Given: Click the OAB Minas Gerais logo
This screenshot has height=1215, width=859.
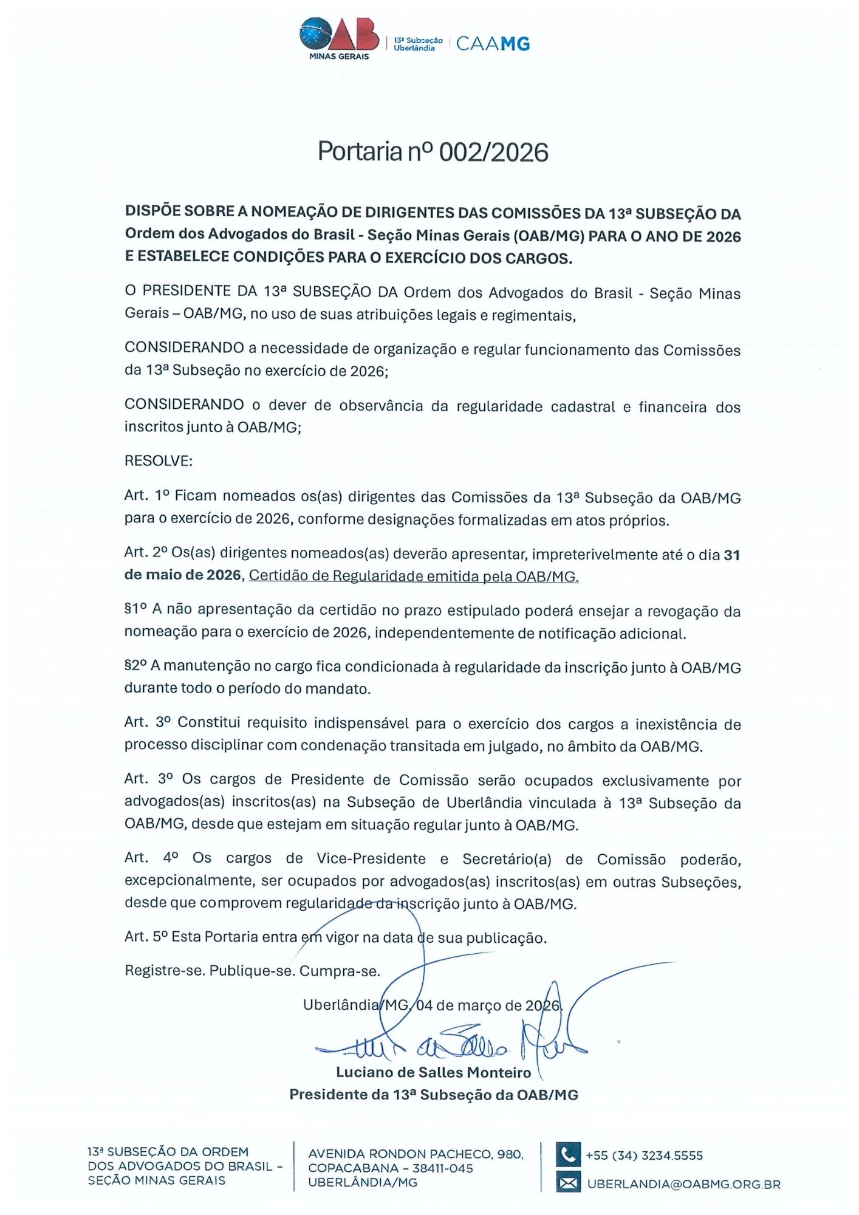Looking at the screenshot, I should (339, 38).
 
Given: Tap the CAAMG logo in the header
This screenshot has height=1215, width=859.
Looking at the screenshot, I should (493, 44).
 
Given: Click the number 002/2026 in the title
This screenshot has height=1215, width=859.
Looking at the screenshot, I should (493, 152).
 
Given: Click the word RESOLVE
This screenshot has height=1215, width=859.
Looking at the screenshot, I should (158, 460).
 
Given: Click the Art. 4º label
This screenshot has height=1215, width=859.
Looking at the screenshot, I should (151, 858).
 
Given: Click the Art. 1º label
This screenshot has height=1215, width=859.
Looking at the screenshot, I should (146, 496).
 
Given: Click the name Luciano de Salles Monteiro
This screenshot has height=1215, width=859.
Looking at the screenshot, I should (433, 1072).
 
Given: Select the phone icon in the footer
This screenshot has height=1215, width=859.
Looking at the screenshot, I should (568, 1154).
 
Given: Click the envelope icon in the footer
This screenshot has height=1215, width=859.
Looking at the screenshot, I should (568, 1183).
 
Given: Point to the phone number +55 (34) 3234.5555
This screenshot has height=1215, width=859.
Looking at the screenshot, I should (644, 1155).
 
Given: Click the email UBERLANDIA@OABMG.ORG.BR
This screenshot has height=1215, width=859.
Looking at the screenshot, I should (683, 1184).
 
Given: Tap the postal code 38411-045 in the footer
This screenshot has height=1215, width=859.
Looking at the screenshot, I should (443, 1168).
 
